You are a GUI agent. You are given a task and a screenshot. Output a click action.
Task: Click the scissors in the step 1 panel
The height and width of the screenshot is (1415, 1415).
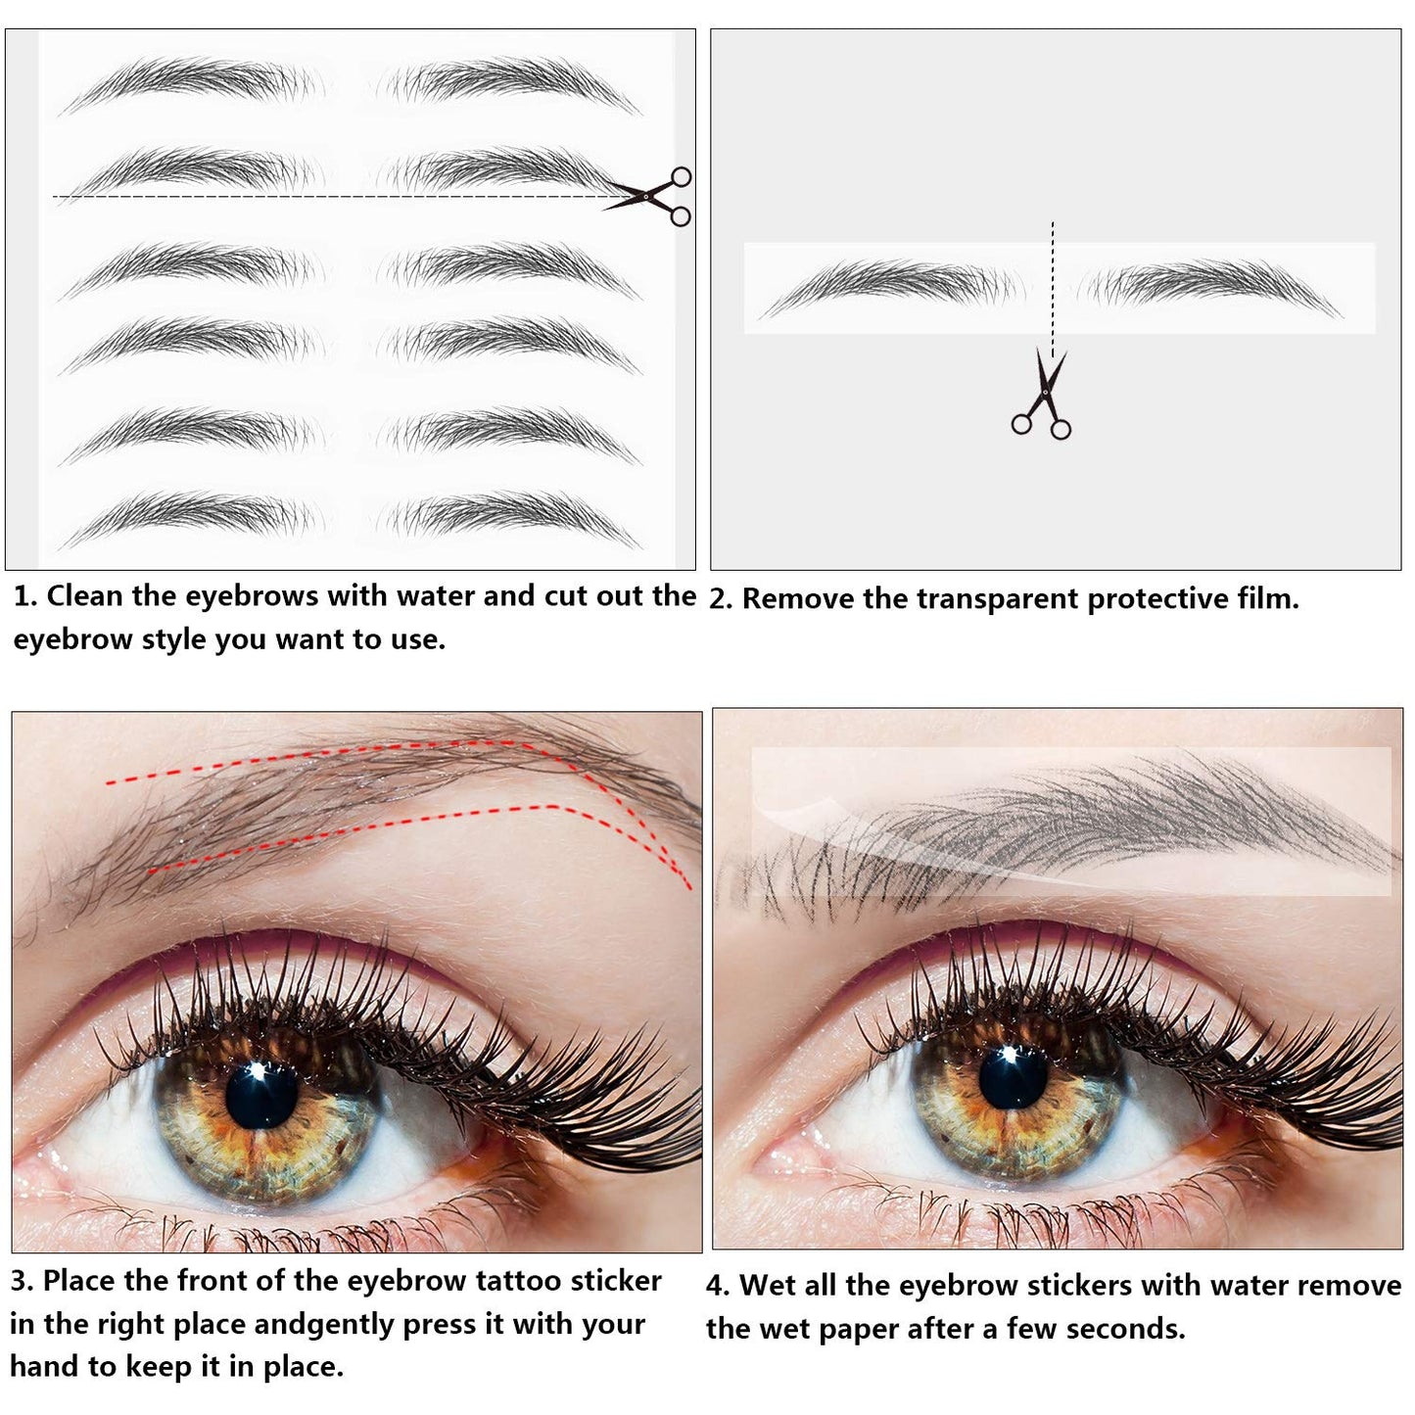(x=651, y=197)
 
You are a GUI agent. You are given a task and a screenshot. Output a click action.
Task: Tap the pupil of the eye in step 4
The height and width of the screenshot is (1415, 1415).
(x=1013, y=1077)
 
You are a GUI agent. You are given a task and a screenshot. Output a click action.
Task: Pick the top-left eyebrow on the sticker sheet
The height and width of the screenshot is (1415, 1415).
(x=192, y=80)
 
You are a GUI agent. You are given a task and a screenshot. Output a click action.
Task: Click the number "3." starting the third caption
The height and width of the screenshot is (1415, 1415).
(x=23, y=1281)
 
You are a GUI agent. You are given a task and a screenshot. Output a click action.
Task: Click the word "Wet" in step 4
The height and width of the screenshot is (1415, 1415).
(x=767, y=1285)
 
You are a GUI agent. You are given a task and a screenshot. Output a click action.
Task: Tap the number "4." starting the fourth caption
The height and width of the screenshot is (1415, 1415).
(x=719, y=1286)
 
